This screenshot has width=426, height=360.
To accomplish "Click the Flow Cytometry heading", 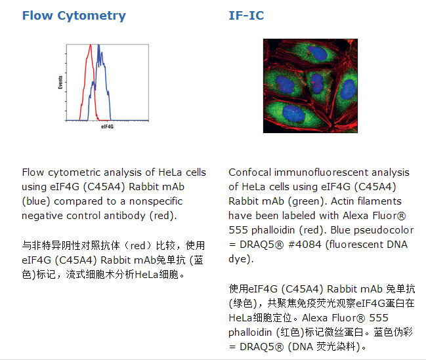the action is (74, 16).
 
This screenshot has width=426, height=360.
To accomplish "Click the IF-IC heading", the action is (246, 16).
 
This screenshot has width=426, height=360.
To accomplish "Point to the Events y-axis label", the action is (60, 82).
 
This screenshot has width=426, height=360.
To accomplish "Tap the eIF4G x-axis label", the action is (107, 127).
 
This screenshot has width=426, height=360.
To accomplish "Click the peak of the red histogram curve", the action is (91, 45).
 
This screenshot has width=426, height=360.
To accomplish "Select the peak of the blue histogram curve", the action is (98, 45).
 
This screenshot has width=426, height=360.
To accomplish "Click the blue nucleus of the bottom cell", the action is (293, 113).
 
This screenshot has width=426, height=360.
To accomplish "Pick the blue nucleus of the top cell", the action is (317, 52).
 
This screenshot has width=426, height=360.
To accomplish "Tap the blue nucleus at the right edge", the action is (348, 89).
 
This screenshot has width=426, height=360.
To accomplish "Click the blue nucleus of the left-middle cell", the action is (285, 84).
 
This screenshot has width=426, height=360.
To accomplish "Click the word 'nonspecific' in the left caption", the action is (156, 201).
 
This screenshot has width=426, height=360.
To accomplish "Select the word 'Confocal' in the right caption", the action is (250, 172).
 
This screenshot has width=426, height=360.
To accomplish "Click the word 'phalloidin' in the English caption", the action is (273, 230).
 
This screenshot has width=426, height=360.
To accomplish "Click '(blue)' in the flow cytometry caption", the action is (36, 201).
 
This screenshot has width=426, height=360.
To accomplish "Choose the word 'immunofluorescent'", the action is (321, 172).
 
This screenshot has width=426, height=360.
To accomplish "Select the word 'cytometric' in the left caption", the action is (74, 172).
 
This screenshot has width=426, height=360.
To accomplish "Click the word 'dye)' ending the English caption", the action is (241, 259).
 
